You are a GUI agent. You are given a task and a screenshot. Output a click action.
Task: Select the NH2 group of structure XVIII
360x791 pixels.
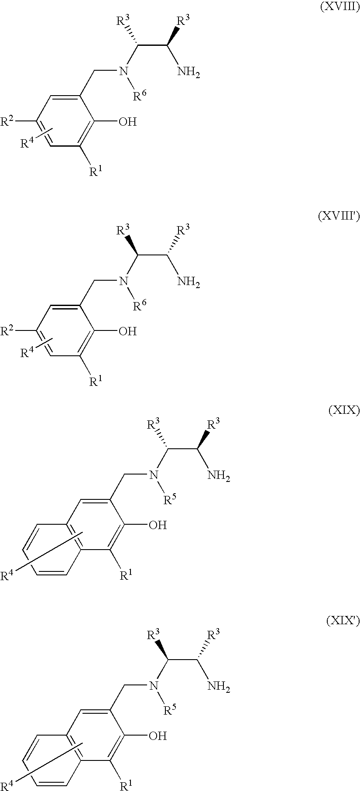(189, 72)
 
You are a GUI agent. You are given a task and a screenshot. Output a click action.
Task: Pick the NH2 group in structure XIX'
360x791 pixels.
(219, 687)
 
